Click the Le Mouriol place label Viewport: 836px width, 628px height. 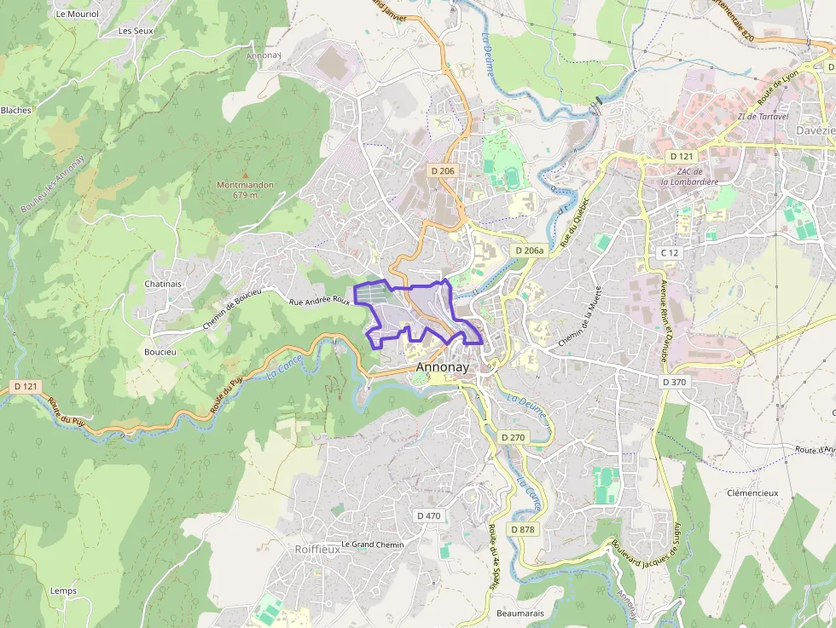77,14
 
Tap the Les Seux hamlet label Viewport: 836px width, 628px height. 136,31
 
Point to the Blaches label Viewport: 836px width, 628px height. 15,110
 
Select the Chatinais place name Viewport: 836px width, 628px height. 163,284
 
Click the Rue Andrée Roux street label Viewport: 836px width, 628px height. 320,301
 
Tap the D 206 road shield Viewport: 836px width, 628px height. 443,170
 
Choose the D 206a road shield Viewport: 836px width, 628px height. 529,251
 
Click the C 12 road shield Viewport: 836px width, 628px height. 669,253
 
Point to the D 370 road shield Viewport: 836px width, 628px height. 673,382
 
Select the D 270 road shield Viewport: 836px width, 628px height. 513,437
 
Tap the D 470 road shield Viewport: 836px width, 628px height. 428,516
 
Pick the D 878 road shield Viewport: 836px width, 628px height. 522,529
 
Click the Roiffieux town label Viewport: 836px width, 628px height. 316,550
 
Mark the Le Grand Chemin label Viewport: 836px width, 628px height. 372,544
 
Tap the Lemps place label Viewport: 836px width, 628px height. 63,591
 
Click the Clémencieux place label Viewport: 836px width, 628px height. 752,493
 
